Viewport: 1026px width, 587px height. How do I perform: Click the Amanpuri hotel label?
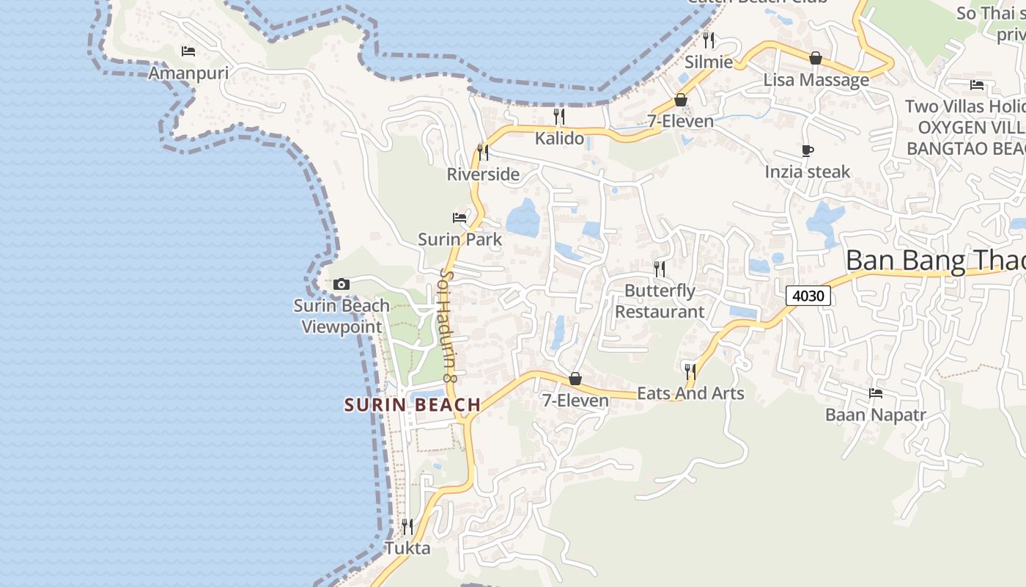tap(188, 73)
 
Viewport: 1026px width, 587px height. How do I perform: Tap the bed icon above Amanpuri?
tap(188, 51)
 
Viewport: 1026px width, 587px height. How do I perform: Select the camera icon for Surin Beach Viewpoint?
tap(342, 284)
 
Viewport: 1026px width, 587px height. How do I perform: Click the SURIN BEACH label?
tap(413, 404)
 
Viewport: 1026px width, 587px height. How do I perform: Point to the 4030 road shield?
tap(809, 296)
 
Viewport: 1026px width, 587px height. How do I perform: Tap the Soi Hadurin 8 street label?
tap(447, 326)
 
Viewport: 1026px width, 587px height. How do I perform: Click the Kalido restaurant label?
tap(559, 138)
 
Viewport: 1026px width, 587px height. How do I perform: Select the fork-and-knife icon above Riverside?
tap(483, 152)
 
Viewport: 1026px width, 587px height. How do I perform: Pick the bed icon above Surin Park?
tap(460, 218)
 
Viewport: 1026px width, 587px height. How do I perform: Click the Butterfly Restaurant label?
tap(659, 301)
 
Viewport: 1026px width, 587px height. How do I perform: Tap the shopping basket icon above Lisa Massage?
tap(816, 58)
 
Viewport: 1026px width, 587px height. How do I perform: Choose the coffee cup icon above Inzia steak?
tap(807, 151)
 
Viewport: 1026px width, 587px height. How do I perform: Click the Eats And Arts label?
tap(690, 393)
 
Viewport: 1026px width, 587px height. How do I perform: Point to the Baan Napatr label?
tap(876, 415)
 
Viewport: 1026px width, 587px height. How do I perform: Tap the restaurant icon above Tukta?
tap(407, 526)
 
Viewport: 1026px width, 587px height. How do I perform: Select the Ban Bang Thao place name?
tap(935, 260)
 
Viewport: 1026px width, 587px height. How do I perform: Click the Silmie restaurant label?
tap(709, 62)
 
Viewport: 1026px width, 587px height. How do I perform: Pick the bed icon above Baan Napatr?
tap(876, 393)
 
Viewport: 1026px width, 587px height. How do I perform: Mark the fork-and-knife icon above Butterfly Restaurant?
tap(659, 269)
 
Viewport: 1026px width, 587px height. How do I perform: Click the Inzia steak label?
tap(808, 172)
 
